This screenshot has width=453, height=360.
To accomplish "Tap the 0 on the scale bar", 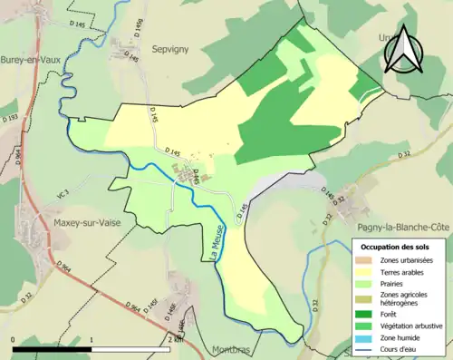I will pos(14,339).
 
